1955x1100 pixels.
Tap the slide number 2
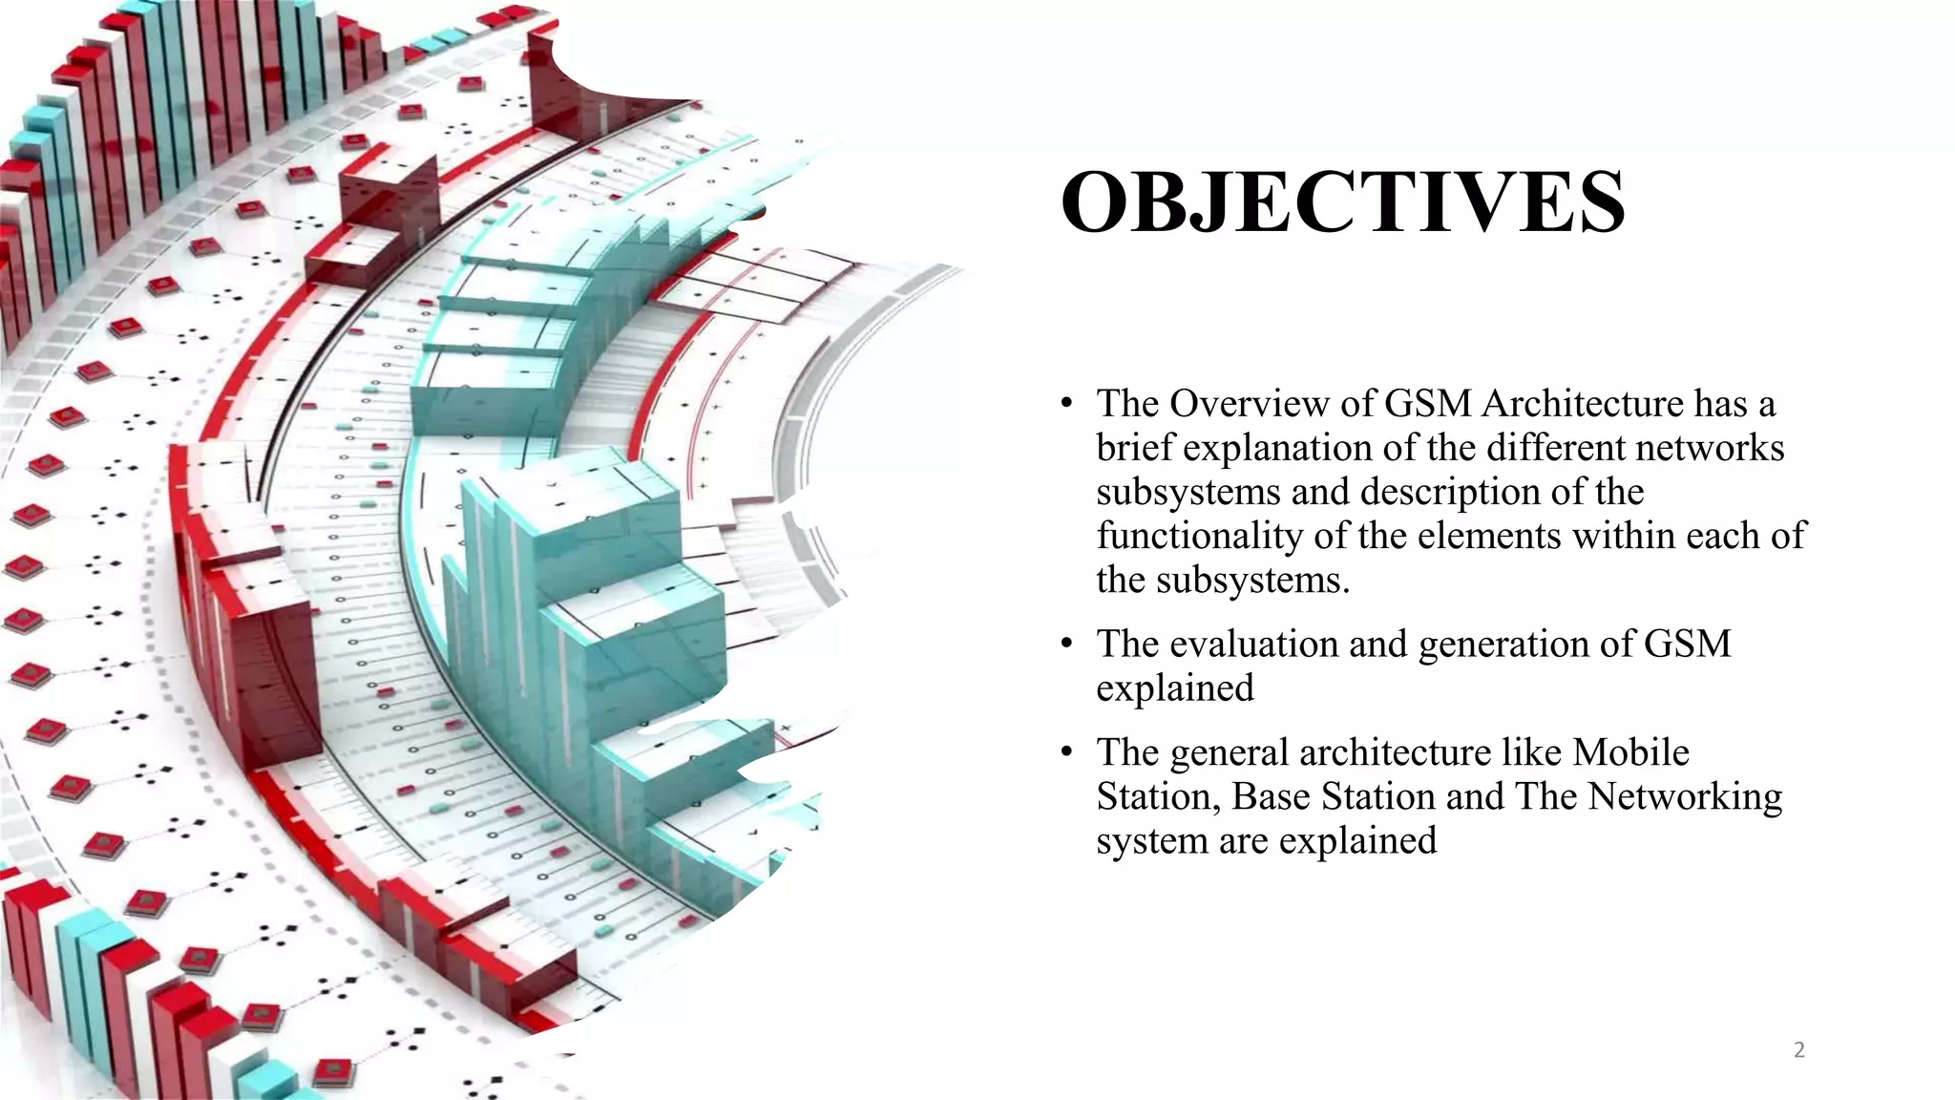1799,1050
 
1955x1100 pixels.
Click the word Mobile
1630,752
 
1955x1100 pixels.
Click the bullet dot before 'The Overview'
1067,404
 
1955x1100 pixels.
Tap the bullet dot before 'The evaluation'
1067,645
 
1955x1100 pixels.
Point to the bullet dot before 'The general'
1067,752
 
